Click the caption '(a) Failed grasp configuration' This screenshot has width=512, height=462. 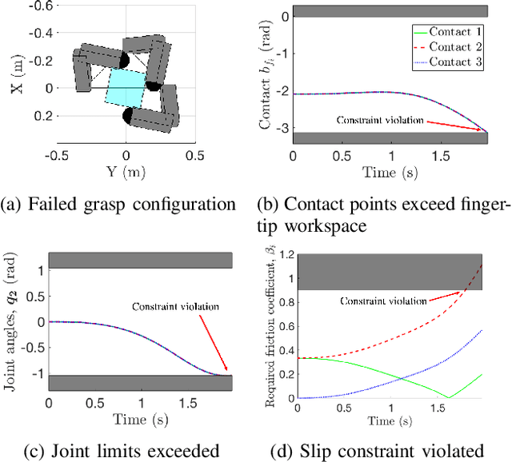point(118,204)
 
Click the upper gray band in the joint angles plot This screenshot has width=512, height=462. point(141,261)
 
